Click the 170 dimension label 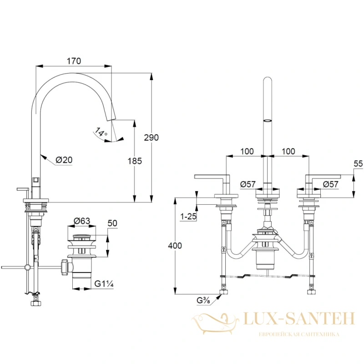click(74, 61)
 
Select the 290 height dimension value click(152, 137)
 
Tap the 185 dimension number click(135, 161)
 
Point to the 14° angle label click(101, 132)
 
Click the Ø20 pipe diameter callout click(64, 160)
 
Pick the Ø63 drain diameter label click(82, 221)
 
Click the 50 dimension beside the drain click(112, 223)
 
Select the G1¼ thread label click(104, 283)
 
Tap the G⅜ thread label click(203, 300)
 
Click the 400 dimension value click(175, 245)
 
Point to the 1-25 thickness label click(188, 217)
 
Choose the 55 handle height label click(358, 164)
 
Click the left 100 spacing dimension click(247, 152)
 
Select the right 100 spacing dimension click(288, 152)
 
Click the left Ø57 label click(248, 184)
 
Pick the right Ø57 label click(331, 184)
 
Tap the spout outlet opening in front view click(268, 121)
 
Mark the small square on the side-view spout click(36, 180)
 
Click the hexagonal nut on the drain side click(65, 267)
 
